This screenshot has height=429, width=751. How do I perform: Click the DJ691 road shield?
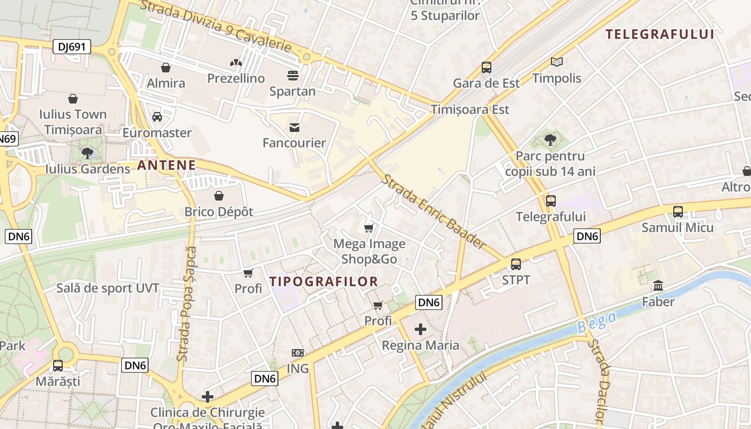point(72,47)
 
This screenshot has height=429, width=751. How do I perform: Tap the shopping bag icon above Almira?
point(166,68)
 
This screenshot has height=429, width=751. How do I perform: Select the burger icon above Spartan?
point(292,75)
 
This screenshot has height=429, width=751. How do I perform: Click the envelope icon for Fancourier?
point(294,128)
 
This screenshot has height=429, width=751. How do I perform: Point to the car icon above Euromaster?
point(157,117)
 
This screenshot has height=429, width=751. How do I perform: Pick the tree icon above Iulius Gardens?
point(87,153)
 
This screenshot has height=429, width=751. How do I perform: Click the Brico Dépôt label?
point(219,211)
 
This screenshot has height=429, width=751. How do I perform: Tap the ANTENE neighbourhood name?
point(166,165)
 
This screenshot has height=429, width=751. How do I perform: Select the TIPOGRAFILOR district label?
point(323,281)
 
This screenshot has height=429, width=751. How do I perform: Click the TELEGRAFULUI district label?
point(660,34)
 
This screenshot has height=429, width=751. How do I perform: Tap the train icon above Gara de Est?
point(486,68)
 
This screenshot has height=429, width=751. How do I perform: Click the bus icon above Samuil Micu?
point(678,211)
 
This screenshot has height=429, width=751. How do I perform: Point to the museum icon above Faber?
point(658,286)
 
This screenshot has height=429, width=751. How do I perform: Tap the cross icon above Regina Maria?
point(421,329)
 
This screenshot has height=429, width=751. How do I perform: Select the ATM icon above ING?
point(298,353)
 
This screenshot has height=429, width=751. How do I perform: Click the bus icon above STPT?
point(516,264)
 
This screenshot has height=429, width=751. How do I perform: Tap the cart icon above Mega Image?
point(369,228)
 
